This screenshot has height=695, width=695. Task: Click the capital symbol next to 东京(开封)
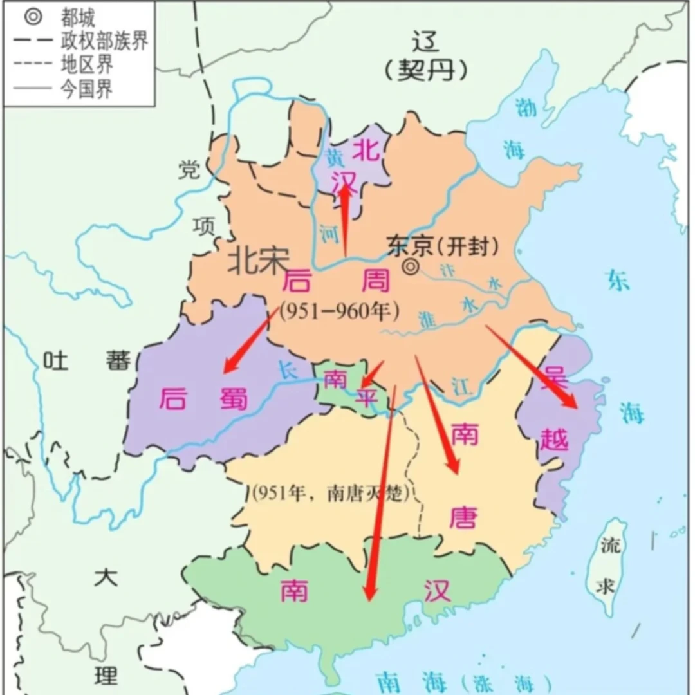point(410,267)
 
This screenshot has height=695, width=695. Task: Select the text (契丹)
point(425,69)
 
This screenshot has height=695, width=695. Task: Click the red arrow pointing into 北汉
point(346,219)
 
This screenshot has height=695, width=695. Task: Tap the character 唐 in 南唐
point(463,515)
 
